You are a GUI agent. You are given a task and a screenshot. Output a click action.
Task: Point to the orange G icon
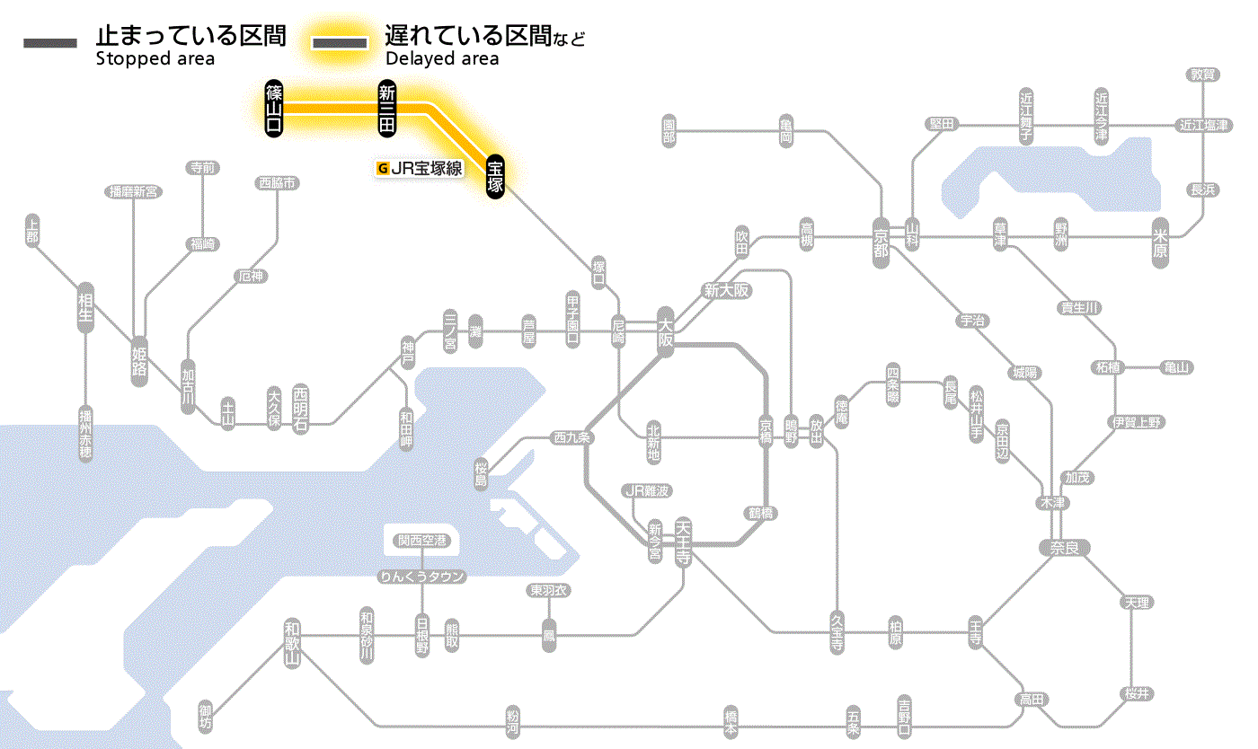point(384,167)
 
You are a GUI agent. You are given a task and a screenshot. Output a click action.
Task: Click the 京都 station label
point(881,240)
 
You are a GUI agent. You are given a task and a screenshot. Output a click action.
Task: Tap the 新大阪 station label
point(727,290)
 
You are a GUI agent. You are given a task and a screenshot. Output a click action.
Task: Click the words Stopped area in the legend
point(155,59)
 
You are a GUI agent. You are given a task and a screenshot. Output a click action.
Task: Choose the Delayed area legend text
point(441,59)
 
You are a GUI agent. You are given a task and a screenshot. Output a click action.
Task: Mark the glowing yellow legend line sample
point(339,43)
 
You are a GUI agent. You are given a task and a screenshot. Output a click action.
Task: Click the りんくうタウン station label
point(422,577)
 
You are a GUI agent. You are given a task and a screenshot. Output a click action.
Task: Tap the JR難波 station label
point(648,490)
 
